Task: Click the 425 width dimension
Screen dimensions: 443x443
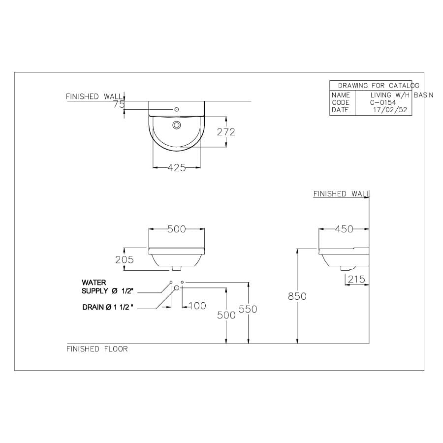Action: click(x=177, y=168)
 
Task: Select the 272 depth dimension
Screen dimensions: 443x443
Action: click(x=226, y=132)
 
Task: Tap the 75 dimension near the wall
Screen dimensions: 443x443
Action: click(x=119, y=104)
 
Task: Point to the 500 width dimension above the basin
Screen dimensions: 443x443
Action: click(x=177, y=229)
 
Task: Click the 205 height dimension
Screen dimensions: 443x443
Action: click(x=124, y=259)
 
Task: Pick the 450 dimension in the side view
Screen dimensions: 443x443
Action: click(x=344, y=229)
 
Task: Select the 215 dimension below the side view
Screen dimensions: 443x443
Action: click(x=356, y=280)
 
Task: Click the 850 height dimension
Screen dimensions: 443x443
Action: click(x=297, y=296)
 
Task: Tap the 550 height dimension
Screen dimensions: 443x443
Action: click(x=248, y=309)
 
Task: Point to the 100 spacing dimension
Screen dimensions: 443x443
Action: click(x=197, y=306)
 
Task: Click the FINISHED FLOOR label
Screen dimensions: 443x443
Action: click(x=97, y=349)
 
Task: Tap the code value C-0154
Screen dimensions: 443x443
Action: click(x=383, y=102)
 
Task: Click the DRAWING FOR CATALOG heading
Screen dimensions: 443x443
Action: click(x=378, y=86)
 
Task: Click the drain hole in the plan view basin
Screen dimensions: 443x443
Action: click(x=177, y=125)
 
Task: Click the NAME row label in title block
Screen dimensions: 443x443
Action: click(x=341, y=95)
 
